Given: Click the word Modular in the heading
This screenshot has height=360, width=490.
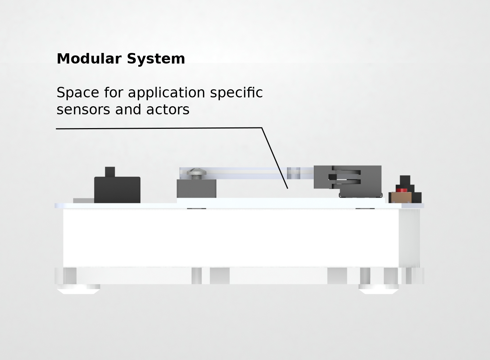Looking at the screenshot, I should pos(89,59).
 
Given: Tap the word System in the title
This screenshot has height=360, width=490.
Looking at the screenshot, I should pos(156,59).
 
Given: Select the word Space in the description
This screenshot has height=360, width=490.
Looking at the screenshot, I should pos(78,93).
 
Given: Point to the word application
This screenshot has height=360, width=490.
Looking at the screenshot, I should pos(166,93).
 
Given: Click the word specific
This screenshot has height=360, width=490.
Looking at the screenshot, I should pos(236,93).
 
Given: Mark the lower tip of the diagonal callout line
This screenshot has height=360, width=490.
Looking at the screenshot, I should pos(288,188).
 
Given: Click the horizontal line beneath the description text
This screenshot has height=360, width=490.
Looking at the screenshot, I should pos(159,128).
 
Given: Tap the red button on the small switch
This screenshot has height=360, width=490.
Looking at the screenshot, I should pos(401,190).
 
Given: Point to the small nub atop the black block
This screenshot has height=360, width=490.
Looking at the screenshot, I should pos(110,172).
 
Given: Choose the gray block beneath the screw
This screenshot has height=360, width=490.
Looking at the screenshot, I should pos(196,188).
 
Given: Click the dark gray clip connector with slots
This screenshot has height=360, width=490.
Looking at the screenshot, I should pos(347,177).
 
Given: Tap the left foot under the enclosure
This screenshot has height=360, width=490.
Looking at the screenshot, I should pos(79,289).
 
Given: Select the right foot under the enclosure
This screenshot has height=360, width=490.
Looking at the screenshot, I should pos(379,289).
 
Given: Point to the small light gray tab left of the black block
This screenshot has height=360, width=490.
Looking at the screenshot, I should pos(83,200).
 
